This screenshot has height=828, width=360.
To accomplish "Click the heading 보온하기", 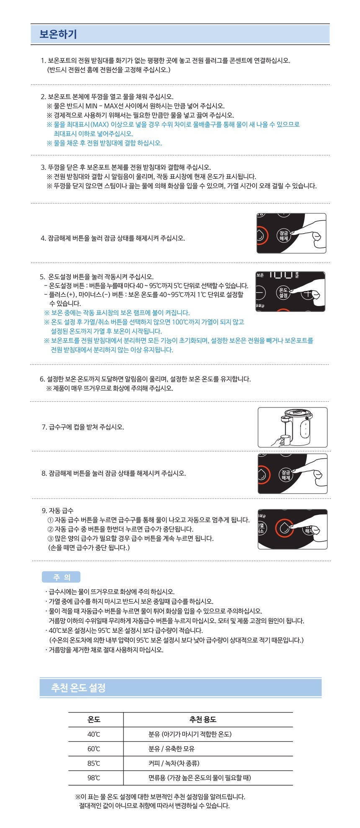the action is pos(58,34).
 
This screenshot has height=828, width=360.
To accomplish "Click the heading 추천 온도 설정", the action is pos(78,687).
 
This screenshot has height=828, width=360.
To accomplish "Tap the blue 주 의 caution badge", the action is pos(61,577).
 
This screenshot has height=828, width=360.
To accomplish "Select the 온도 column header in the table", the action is pos(94,720).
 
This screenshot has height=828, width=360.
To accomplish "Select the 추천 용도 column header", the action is pos(203,720).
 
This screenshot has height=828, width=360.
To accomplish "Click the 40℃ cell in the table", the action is pos(94,734).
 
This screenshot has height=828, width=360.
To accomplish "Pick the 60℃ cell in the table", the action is pos(94,749).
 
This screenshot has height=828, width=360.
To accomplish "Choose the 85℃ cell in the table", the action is pos(94,764).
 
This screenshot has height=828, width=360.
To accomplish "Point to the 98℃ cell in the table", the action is pos(94,778).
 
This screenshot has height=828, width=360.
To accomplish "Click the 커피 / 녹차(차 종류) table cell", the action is pos(174,764).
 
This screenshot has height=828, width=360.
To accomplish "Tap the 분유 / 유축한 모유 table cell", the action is pos(172,749).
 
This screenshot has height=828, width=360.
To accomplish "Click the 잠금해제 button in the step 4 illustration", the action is pos(284,236).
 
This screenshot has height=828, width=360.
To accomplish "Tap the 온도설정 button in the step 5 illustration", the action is pos(283,293).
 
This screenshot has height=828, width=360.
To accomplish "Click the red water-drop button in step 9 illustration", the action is pos(284,528).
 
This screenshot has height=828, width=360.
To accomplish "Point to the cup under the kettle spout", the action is pos(285,440).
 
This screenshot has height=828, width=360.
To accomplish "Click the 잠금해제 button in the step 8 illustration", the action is pos(286,475).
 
